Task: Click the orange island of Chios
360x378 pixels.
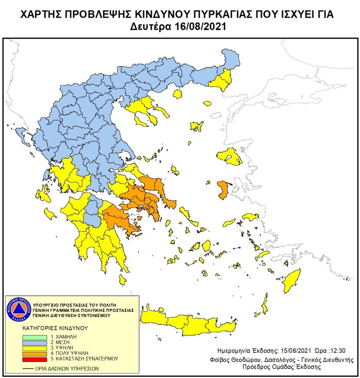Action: (223, 189)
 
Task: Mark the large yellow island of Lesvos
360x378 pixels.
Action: (230, 156)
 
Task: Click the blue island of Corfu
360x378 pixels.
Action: (19, 135)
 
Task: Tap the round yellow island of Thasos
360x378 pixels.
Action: (177, 94)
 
